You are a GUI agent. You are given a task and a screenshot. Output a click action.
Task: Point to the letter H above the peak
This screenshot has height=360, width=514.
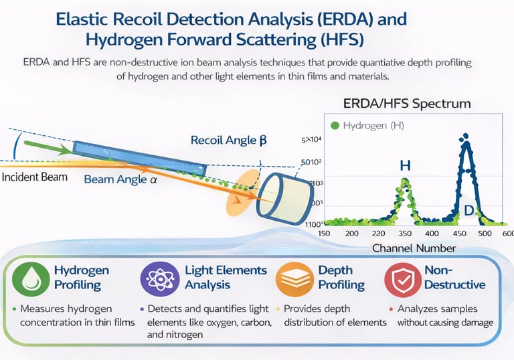406,165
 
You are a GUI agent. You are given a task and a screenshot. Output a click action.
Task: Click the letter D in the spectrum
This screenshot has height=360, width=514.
470,211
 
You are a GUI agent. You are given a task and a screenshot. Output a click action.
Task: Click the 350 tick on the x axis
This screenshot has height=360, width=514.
404,233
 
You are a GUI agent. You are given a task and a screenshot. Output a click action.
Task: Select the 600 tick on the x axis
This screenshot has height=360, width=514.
508,233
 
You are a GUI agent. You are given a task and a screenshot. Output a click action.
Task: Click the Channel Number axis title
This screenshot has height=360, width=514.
414,248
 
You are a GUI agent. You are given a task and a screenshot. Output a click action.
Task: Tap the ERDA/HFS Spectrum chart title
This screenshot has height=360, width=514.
406,104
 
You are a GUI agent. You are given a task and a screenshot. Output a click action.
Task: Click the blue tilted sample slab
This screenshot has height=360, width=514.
134,157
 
